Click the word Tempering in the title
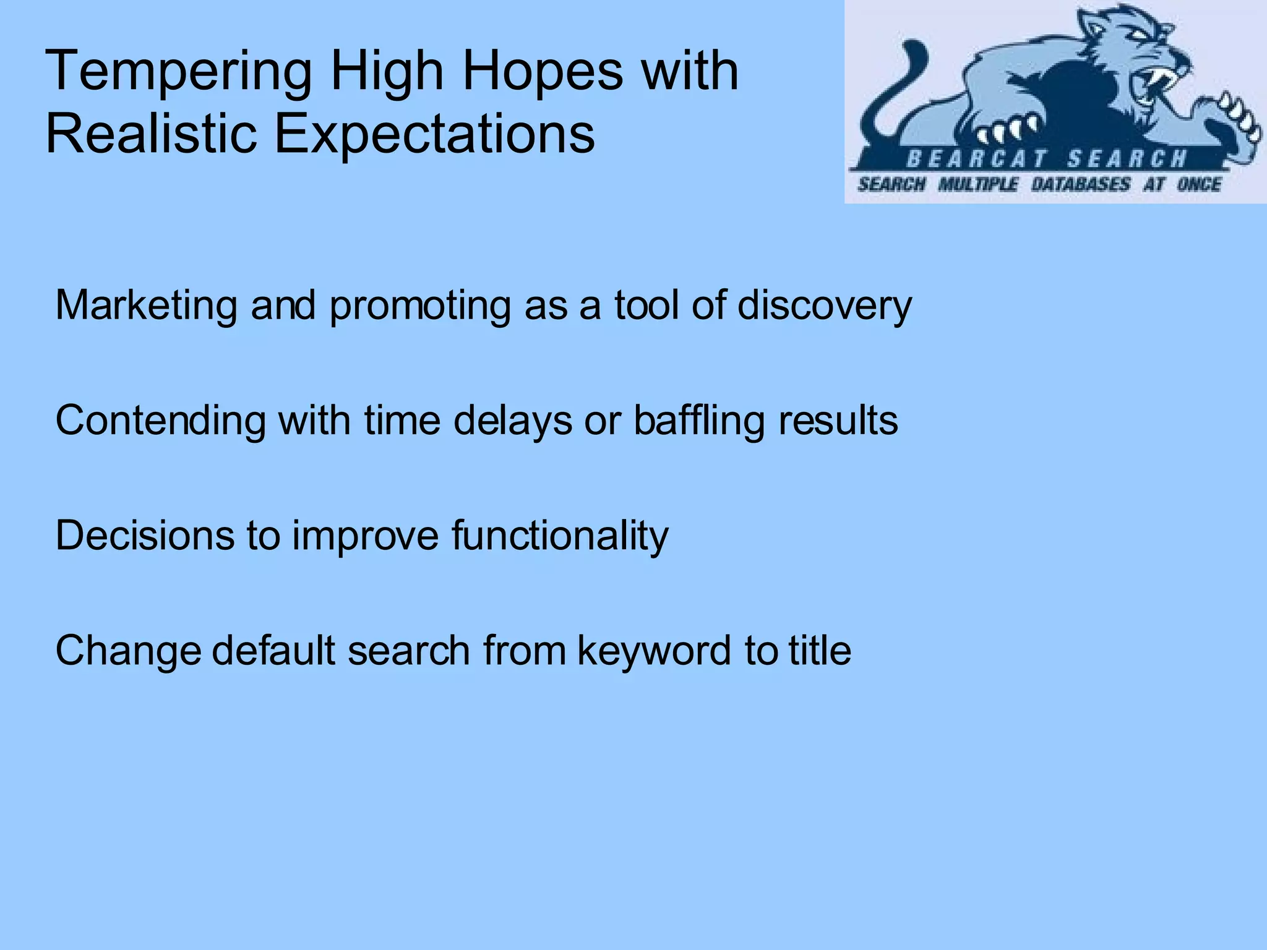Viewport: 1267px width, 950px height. point(178,73)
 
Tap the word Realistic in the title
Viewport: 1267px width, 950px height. point(151,134)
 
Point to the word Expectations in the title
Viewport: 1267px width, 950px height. point(434,134)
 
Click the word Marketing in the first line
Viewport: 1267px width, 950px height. point(146,306)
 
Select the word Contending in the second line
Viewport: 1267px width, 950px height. point(161,421)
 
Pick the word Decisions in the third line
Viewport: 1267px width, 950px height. point(145,535)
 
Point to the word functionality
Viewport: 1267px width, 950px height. point(560,535)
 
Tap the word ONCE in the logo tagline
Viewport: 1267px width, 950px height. point(1198,184)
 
